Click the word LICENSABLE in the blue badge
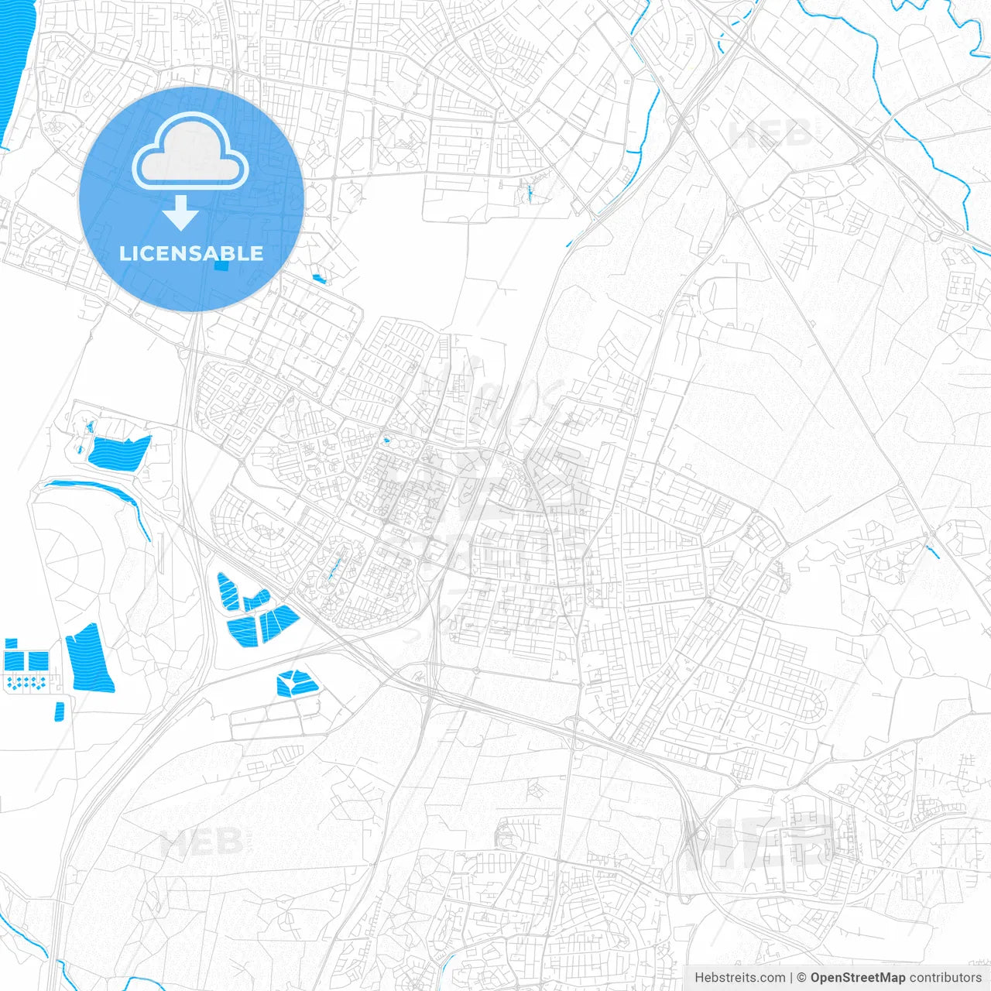point(191,253)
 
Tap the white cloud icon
point(190,153)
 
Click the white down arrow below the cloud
point(181,213)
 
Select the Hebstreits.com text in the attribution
point(739,978)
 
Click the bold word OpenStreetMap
point(858,978)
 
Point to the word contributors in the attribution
point(945,978)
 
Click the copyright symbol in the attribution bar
point(802,978)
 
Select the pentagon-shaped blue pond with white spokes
point(297,683)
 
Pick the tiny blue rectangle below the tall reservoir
point(60,712)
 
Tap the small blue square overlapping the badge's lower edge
point(222,266)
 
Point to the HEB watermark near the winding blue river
point(770,133)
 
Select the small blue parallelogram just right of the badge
point(319,278)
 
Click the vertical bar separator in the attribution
point(791,978)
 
